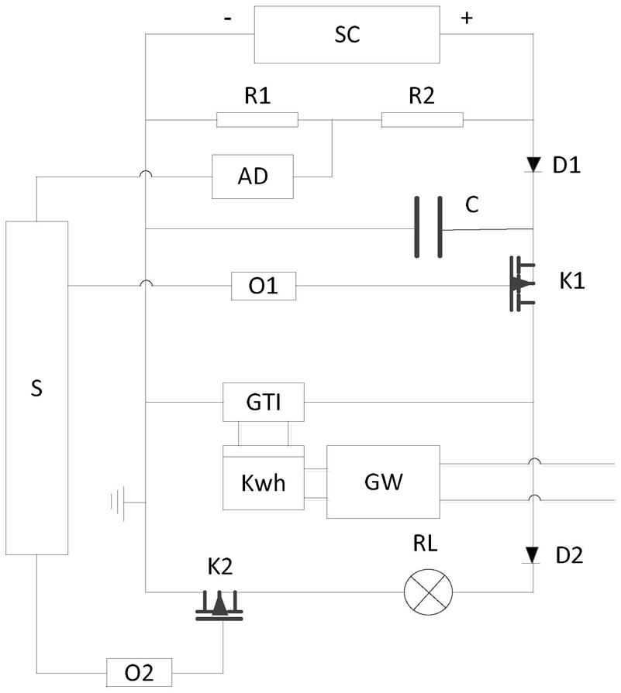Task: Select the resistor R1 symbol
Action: point(257,119)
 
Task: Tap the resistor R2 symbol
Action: point(422,119)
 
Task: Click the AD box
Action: point(253,176)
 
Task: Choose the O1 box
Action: point(264,287)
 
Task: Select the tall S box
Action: point(36,387)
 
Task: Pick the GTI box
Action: point(263,403)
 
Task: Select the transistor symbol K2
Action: point(219,603)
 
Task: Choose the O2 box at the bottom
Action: point(140,671)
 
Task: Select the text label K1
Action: point(572,280)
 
